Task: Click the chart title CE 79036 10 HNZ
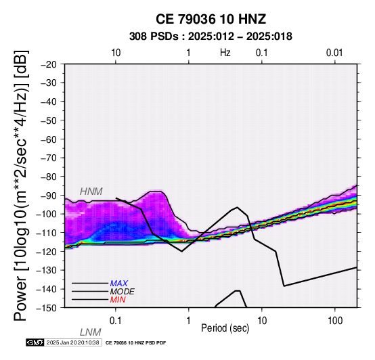point(211,19)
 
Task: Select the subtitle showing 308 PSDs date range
point(211,37)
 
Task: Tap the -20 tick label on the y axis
point(49,64)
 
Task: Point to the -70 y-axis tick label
point(49,158)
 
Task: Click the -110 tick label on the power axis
point(47,233)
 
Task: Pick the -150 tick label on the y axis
point(47,308)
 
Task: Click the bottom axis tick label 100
point(335,321)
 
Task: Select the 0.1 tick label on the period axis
point(116,321)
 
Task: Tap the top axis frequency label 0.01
point(334,53)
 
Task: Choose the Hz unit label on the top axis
point(225,53)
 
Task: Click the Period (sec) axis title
point(225,328)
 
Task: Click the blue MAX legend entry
point(118,284)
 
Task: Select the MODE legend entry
point(122,292)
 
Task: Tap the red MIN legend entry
point(118,300)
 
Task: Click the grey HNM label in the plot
point(91,192)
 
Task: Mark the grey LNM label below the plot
point(91,332)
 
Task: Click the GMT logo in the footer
point(35,342)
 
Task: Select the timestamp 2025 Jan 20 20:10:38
point(72,342)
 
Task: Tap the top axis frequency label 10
point(116,53)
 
